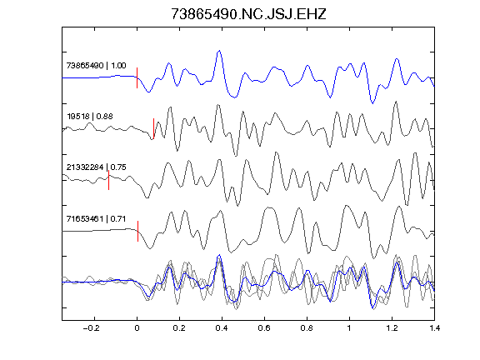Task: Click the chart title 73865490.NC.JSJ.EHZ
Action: click(x=248, y=14)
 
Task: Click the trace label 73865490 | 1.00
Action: click(x=96, y=66)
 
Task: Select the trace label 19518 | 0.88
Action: click(x=90, y=117)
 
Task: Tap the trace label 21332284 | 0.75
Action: click(x=96, y=167)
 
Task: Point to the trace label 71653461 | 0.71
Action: click(x=96, y=218)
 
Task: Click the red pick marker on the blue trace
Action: click(x=137, y=77)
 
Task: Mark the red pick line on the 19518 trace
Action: click(x=153, y=128)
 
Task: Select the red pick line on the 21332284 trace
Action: click(x=108, y=180)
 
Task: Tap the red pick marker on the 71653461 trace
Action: click(x=138, y=231)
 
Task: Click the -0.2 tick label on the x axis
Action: click(x=92, y=328)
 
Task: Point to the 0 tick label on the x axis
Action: click(x=137, y=328)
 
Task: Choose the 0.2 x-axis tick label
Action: click(x=179, y=328)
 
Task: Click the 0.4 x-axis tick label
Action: click(x=222, y=328)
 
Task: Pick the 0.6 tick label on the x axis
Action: click(x=264, y=328)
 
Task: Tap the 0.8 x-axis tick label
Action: click(x=307, y=328)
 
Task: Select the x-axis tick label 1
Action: click(x=349, y=328)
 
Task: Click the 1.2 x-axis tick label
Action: click(x=392, y=328)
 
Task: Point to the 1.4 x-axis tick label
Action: click(x=434, y=328)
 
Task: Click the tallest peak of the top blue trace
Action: click(x=219, y=51)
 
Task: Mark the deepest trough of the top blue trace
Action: click(x=372, y=103)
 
